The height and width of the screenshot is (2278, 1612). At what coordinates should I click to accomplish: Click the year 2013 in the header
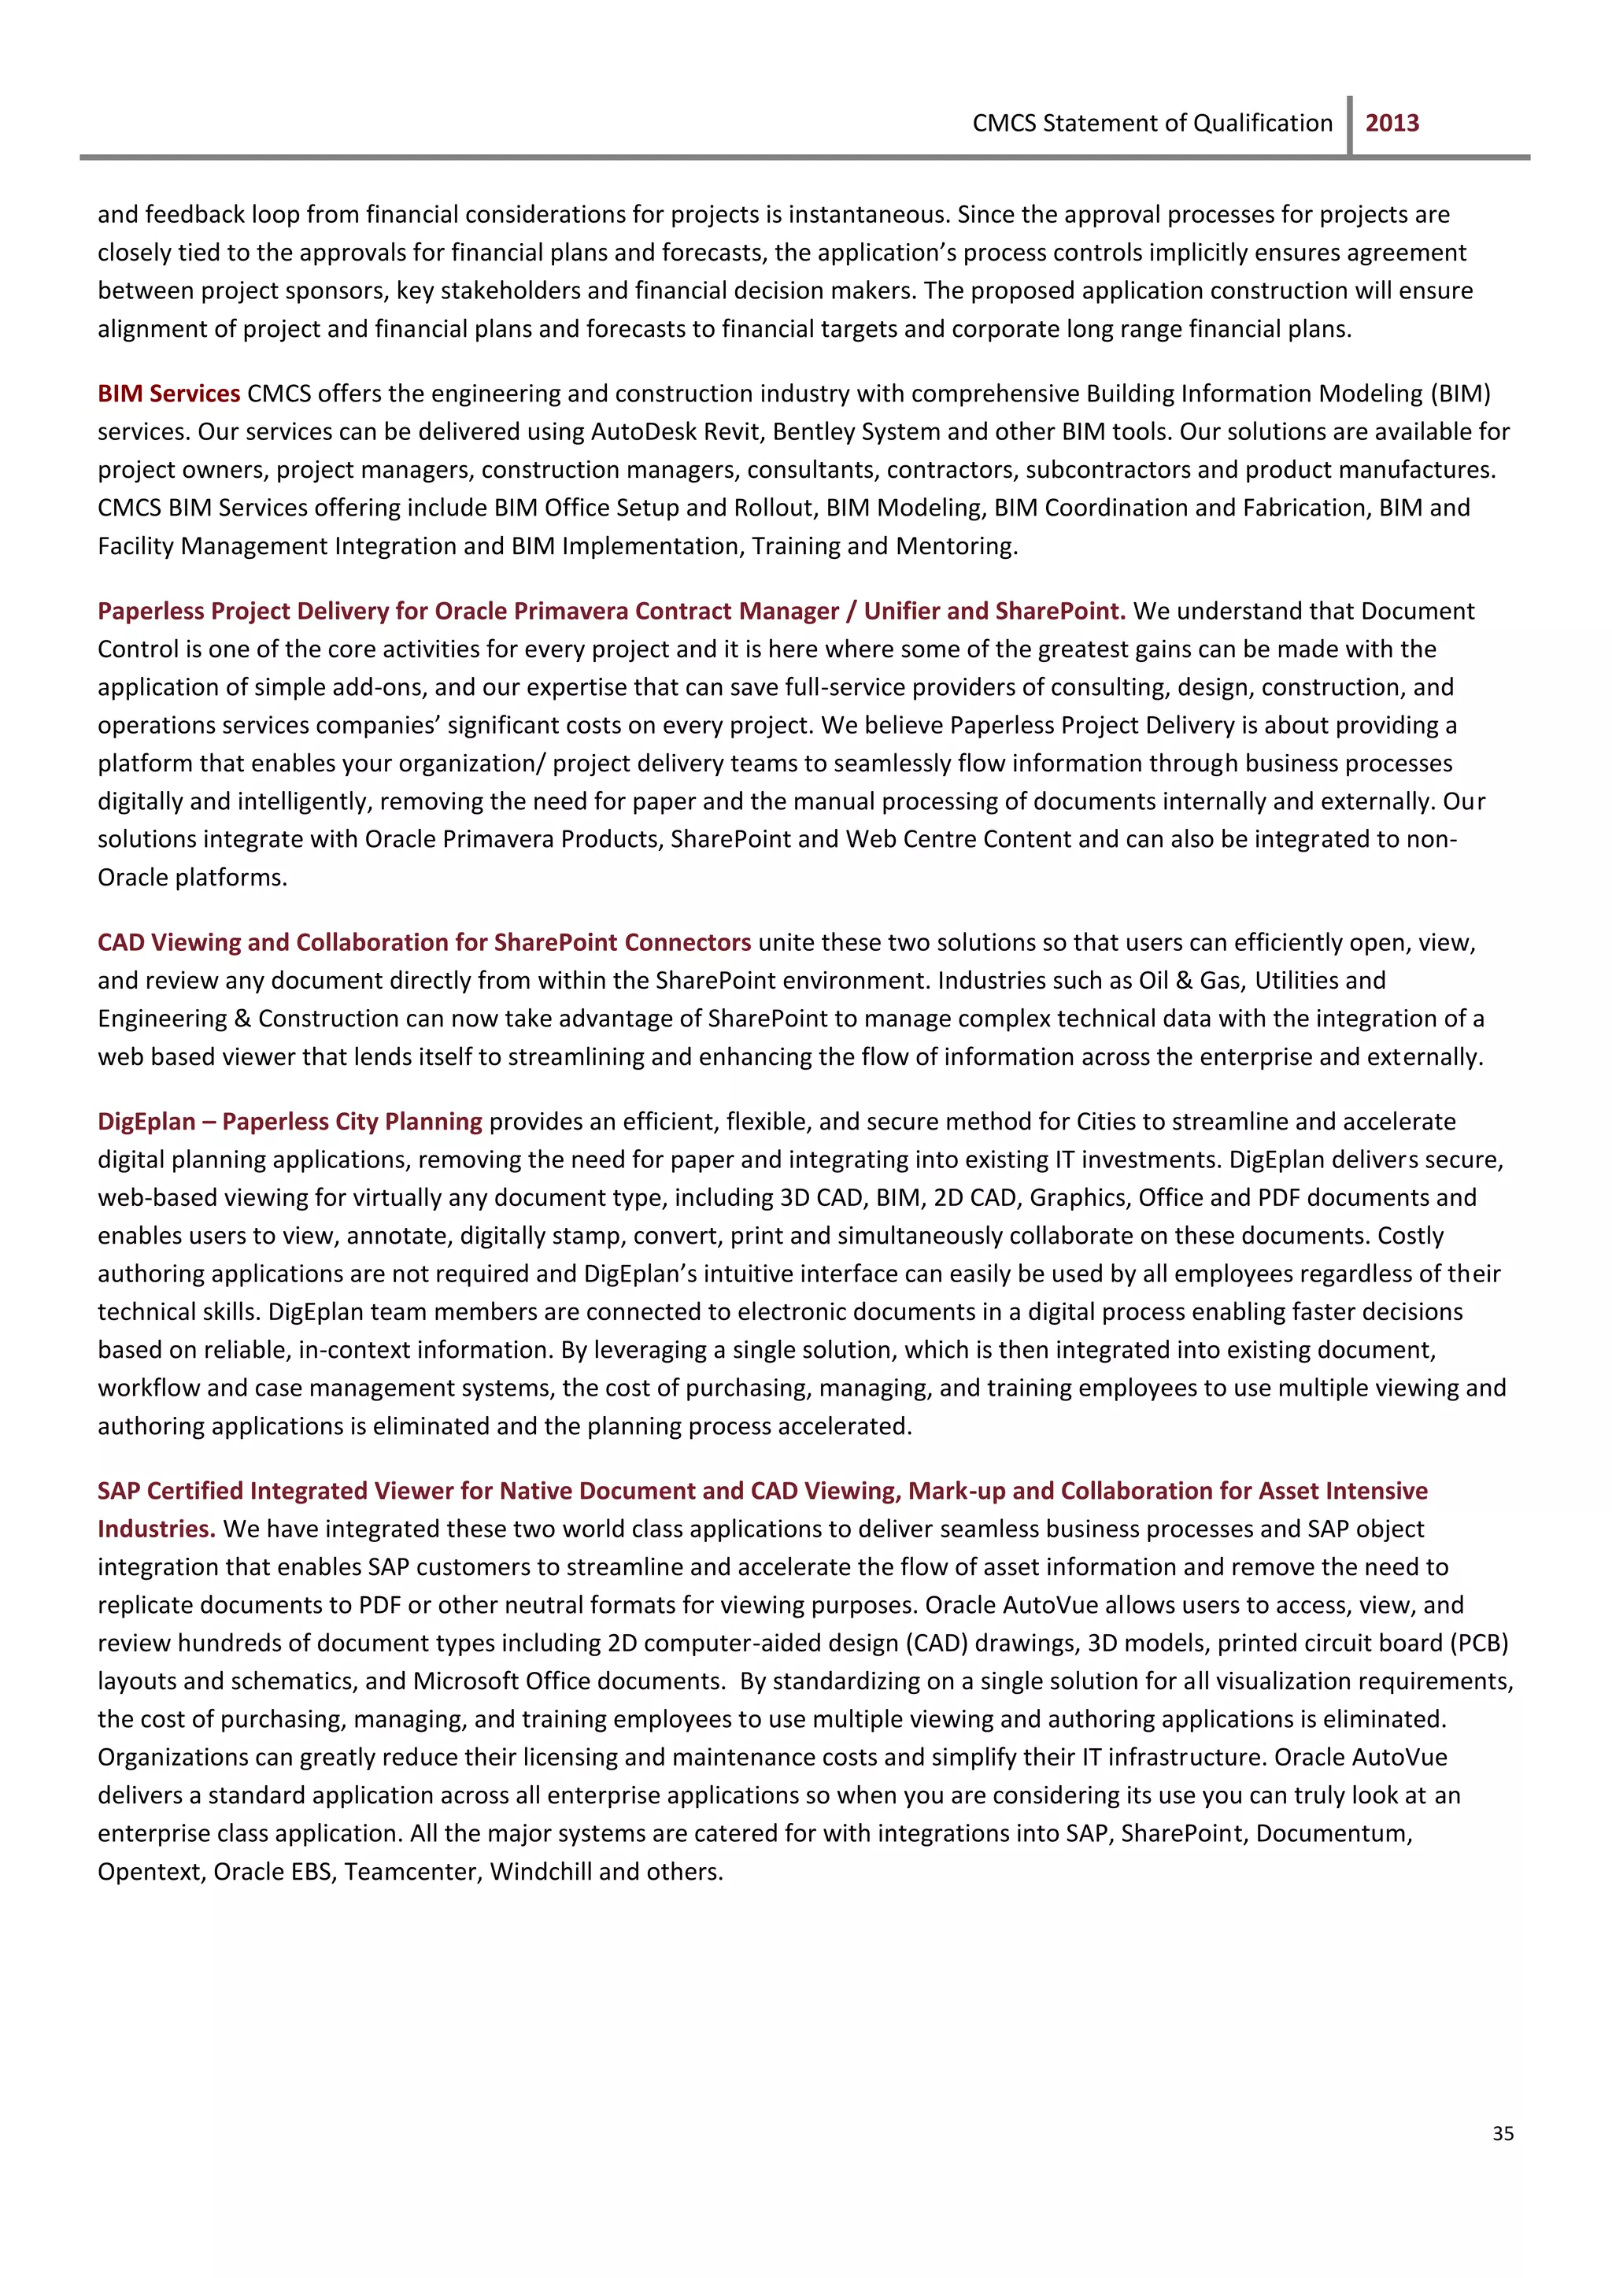point(1392,123)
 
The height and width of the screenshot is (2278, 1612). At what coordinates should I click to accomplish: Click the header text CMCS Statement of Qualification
point(1152,123)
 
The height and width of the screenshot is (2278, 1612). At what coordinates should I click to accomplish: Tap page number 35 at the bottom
point(1503,2133)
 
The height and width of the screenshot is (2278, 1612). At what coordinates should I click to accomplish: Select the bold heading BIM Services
point(168,394)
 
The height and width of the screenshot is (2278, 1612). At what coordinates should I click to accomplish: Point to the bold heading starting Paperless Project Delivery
point(611,612)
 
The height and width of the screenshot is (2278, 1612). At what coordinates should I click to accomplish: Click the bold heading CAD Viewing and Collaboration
point(423,943)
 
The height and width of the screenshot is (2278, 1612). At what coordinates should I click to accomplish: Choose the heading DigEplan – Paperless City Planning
point(290,1122)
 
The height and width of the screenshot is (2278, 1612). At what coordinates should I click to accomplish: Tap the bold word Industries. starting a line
point(156,1529)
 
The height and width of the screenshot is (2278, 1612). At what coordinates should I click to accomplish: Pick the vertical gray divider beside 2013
point(1350,125)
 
